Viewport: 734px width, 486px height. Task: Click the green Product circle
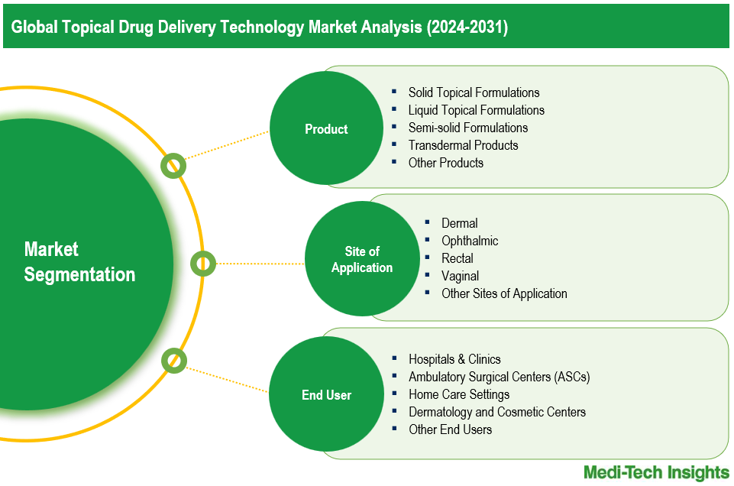[x=326, y=129]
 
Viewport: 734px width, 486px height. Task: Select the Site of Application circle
[x=362, y=259]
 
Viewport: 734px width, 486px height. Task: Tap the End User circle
[x=326, y=395]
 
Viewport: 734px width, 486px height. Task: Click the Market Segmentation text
[x=79, y=262]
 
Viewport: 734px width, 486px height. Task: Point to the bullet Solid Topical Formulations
[x=474, y=92]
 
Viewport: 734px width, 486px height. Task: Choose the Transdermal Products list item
[x=463, y=145]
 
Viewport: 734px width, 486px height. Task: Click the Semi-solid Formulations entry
[x=467, y=128]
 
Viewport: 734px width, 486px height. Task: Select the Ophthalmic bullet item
[x=469, y=241]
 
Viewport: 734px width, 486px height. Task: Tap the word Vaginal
[x=460, y=276]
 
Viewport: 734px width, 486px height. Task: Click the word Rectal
[x=457, y=258]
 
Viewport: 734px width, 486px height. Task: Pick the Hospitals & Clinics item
[x=454, y=359]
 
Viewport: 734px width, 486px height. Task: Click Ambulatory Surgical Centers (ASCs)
[x=499, y=377]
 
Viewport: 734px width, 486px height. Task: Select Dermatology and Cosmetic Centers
[x=496, y=412]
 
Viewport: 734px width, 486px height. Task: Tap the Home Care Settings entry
[x=458, y=394]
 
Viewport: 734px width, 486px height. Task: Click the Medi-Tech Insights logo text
[x=656, y=471]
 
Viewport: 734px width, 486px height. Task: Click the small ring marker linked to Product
[x=173, y=166]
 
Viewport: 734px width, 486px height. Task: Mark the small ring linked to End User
[x=174, y=360]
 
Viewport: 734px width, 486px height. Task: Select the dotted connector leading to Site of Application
[x=260, y=264]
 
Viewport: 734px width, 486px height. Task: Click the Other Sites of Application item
[x=504, y=293]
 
